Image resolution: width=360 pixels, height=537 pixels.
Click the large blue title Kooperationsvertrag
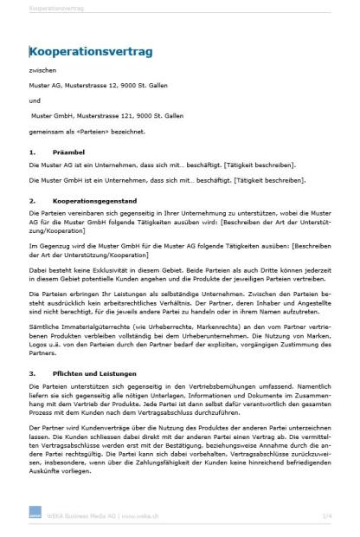coord(91,52)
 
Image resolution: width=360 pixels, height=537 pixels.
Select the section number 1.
coord(32,153)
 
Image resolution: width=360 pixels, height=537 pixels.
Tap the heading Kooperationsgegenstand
coord(93,200)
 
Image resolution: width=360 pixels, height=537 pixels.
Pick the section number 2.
coord(32,200)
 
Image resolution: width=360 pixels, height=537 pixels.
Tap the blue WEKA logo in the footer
coord(35,516)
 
